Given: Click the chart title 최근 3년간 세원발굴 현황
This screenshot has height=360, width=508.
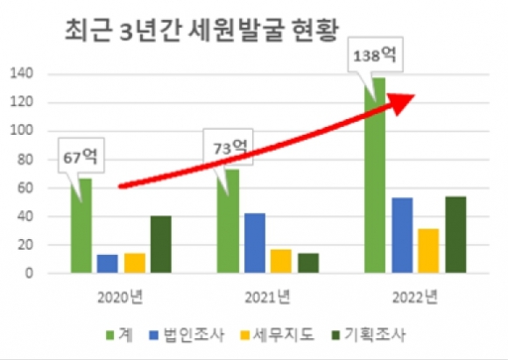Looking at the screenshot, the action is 201,32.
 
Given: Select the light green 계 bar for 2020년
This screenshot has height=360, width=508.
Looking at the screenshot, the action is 81,225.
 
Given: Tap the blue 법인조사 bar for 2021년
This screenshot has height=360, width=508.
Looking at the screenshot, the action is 255,243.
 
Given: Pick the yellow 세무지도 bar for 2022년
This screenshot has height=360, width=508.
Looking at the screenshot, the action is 428,251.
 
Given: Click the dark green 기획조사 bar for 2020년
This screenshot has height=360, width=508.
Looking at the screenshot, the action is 161,244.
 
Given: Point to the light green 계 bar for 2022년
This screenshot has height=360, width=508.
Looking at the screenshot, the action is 375,175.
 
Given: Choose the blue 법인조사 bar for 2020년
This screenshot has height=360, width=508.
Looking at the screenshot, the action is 107,264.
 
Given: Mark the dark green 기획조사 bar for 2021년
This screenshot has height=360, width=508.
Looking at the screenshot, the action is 308,263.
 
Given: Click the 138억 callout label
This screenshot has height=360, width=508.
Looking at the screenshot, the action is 375,54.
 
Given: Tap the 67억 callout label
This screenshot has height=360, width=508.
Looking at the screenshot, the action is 81,156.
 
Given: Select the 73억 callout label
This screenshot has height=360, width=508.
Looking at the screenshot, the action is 228,147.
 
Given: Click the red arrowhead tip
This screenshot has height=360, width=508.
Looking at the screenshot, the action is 414,95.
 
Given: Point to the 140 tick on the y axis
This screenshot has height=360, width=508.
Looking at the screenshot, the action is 22,74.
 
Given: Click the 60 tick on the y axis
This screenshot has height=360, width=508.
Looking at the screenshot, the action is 25,188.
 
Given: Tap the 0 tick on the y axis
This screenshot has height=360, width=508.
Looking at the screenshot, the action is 29,273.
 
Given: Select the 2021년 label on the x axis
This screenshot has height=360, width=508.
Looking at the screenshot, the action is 267,297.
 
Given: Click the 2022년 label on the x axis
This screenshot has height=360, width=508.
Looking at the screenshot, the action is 415,297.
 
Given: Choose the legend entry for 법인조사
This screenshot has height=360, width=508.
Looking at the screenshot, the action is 187,335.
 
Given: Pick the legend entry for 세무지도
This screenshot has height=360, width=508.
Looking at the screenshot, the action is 278,335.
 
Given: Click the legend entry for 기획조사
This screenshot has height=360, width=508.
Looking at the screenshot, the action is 368,335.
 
